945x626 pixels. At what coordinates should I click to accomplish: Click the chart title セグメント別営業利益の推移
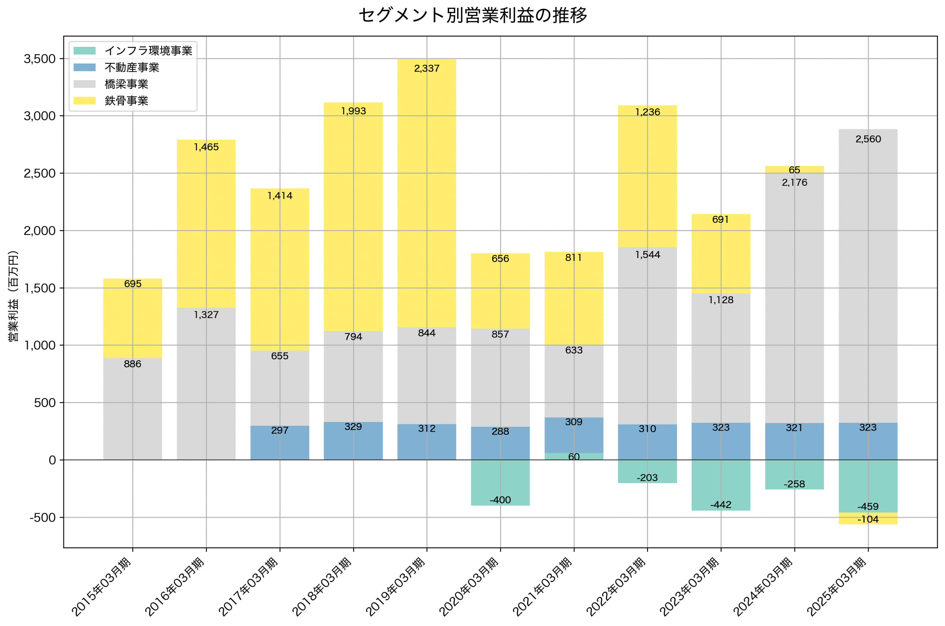click(x=472, y=15)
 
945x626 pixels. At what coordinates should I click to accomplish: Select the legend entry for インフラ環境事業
click(x=148, y=51)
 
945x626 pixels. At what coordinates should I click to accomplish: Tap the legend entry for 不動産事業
click(x=132, y=68)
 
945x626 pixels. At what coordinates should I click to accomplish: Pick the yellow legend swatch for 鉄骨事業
click(x=84, y=101)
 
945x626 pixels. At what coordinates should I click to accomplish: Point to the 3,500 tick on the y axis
click(x=39, y=59)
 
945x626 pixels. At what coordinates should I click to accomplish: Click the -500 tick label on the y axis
click(x=42, y=518)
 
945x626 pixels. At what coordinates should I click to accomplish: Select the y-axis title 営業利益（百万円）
click(x=13, y=296)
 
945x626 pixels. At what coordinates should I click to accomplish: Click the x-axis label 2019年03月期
click(x=395, y=587)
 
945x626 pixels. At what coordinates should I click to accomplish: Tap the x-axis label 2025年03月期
click(x=836, y=587)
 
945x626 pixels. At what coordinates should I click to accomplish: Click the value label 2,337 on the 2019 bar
click(x=427, y=69)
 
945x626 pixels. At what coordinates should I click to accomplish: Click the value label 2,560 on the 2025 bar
click(x=868, y=139)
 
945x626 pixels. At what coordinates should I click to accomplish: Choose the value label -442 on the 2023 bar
click(x=721, y=505)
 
